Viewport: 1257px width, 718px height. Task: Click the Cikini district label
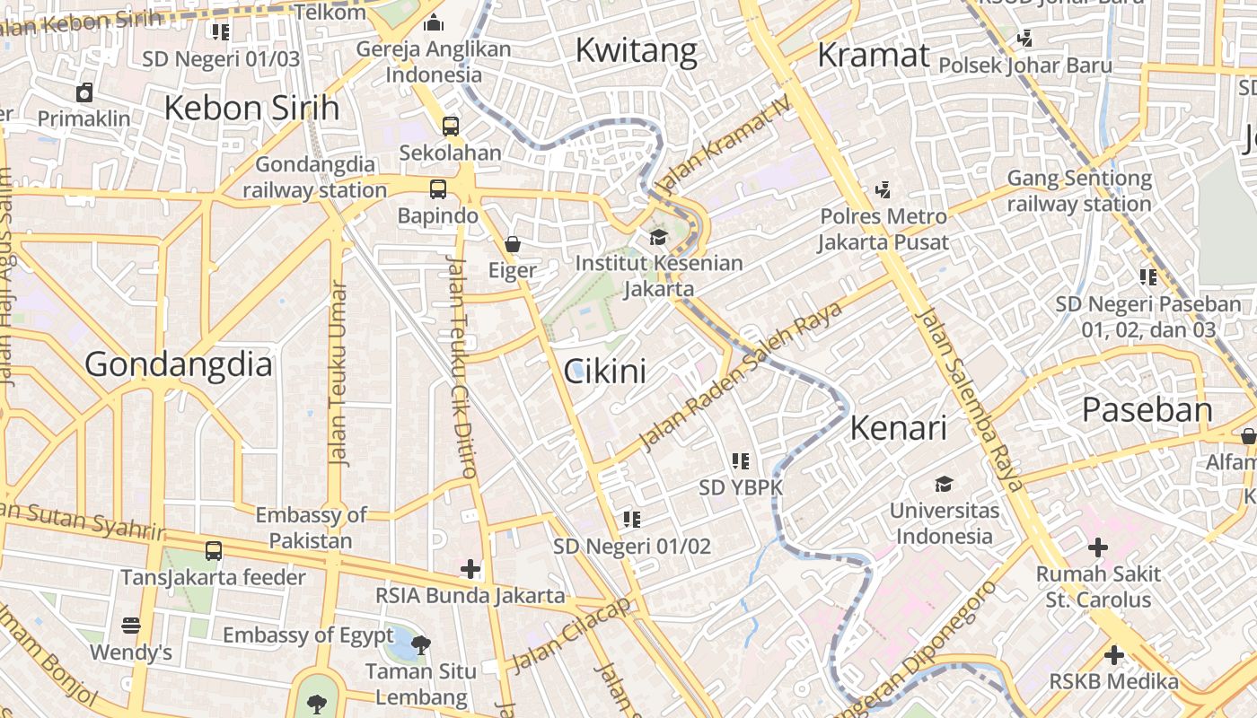(x=604, y=371)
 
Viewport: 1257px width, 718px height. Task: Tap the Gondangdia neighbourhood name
(x=179, y=364)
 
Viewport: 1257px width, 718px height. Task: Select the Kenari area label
(x=898, y=428)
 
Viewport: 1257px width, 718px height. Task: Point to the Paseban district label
(x=1147, y=410)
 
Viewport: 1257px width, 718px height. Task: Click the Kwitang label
(x=636, y=50)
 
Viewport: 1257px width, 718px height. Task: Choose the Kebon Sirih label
(x=251, y=108)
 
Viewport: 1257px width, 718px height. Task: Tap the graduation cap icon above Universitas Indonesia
(x=944, y=485)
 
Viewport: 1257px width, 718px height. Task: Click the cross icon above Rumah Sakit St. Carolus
(x=1097, y=547)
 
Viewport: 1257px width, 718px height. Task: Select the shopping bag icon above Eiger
(x=513, y=243)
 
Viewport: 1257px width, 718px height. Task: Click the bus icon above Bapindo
(x=438, y=189)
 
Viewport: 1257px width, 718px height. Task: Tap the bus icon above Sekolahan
(x=451, y=127)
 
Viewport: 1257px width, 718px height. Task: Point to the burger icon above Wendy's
(x=131, y=625)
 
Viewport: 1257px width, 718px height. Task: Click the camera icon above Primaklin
(x=84, y=92)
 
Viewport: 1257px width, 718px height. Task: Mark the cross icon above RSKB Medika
(x=1114, y=655)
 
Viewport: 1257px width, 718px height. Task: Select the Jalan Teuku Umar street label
(x=338, y=373)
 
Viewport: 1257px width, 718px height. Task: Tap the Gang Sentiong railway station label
(x=1078, y=191)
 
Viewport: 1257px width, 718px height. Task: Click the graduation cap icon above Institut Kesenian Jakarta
(x=659, y=237)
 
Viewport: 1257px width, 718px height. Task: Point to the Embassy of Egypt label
(x=295, y=635)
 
